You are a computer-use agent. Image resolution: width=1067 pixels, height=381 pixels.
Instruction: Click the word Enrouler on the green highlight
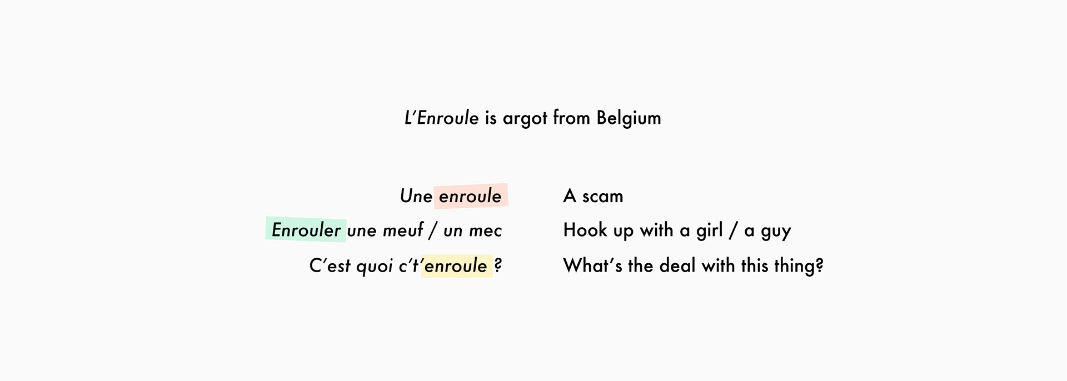tap(306, 230)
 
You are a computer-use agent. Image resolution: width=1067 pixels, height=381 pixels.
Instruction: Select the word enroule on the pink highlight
tap(470, 196)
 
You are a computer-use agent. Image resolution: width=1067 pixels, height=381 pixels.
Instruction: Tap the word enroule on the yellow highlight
tap(456, 266)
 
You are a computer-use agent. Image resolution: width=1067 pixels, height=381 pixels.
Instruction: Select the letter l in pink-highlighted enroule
tap(489, 195)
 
